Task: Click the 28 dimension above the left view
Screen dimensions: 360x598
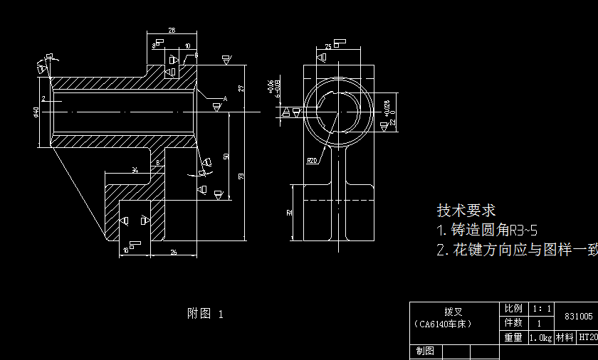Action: point(172,31)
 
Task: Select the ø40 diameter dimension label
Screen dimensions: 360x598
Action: point(36,112)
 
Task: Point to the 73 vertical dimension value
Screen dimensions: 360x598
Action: point(241,176)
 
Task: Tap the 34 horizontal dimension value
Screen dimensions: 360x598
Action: point(135,169)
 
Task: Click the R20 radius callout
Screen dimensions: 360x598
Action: point(311,161)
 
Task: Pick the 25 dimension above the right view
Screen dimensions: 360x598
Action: point(327,47)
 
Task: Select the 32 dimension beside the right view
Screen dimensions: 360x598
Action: point(289,212)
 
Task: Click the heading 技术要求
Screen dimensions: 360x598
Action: point(466,211)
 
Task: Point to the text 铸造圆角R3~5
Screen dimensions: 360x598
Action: point(487,231)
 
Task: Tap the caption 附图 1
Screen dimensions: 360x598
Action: point(205,313)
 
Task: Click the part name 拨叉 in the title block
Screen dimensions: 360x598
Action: point(453,312)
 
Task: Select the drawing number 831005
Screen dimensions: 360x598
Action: point(578,316)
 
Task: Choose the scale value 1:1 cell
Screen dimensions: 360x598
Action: point(542,309)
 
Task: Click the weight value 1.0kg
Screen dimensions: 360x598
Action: point(540,338)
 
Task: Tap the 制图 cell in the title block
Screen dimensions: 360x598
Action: point(425,352)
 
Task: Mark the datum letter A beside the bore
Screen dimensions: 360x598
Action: point(224,97)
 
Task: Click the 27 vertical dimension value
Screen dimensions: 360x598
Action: point(241,88)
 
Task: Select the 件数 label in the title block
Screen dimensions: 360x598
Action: point(513,323)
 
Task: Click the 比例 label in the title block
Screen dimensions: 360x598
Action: point(513,309)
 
